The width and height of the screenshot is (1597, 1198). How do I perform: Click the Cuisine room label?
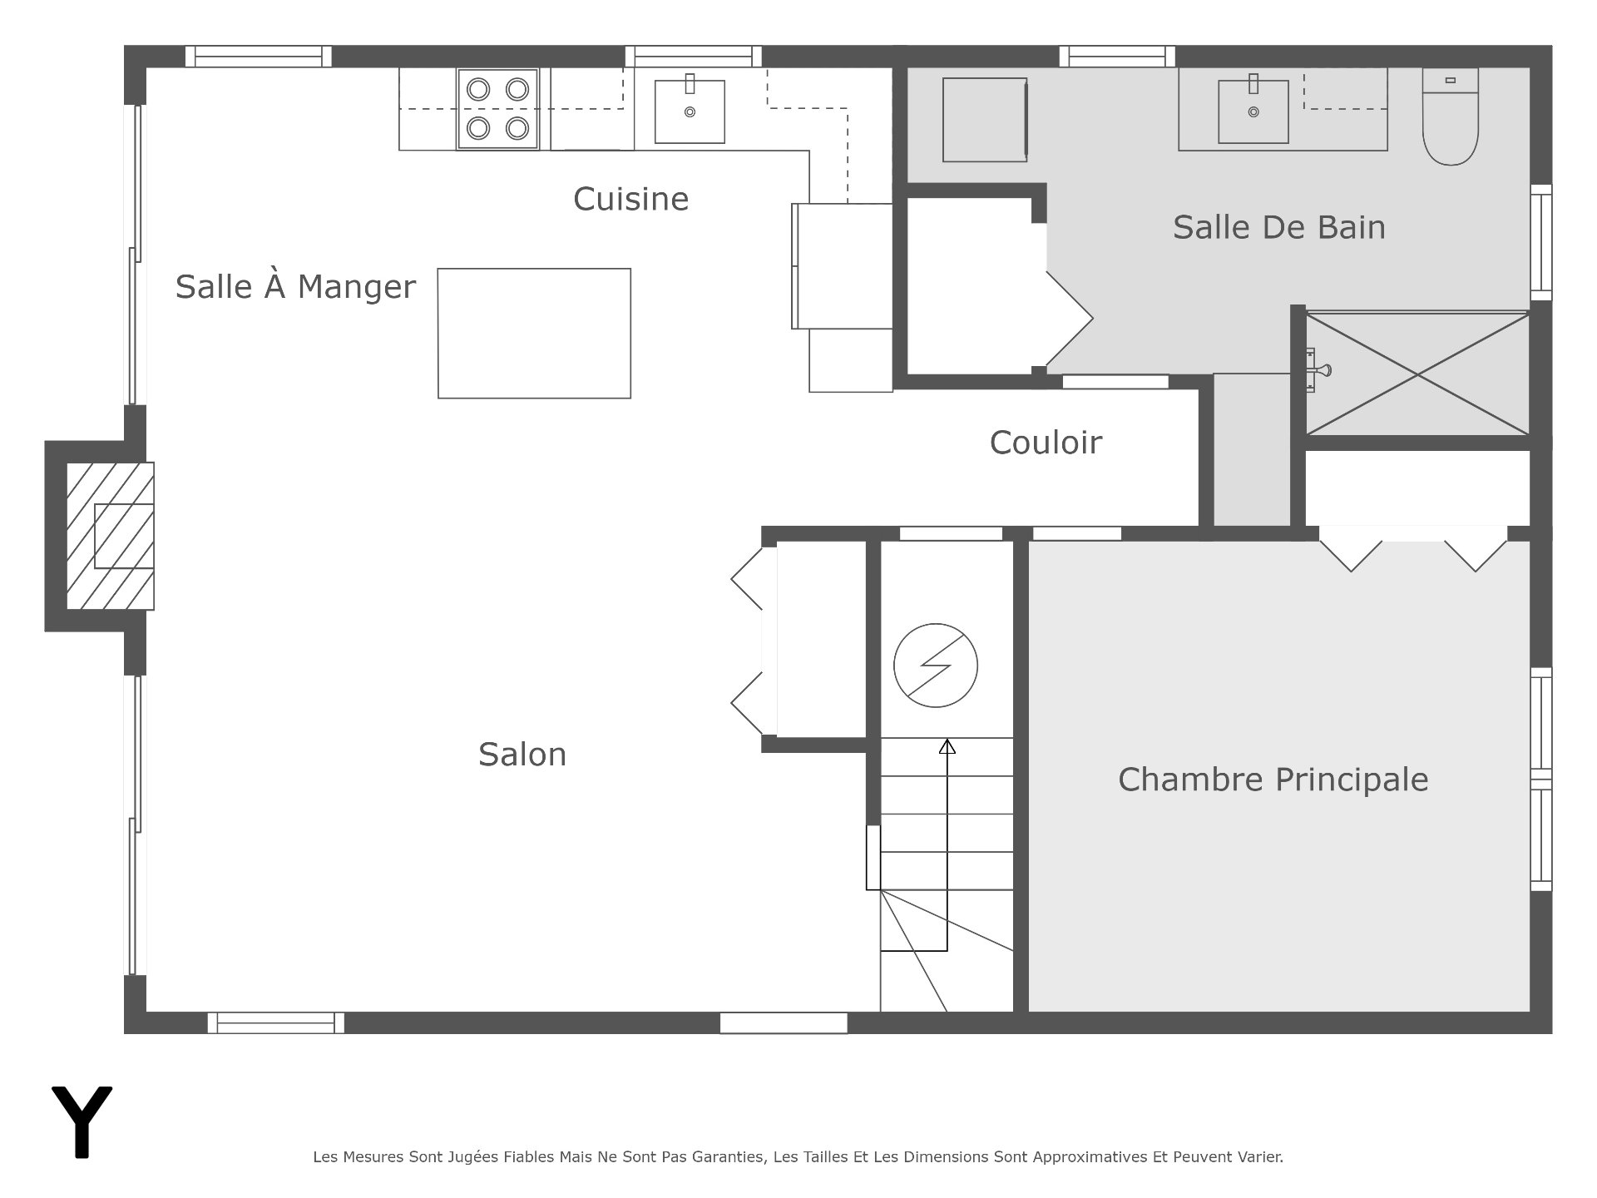(631, 200)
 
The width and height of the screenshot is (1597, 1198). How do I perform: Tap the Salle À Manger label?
(295, 287)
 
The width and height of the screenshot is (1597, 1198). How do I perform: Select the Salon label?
(522, 755)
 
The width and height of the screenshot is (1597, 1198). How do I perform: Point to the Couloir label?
(1046, 443)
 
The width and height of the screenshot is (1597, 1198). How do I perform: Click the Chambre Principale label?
(1273, 780)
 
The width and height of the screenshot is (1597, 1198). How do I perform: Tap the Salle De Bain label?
(1279, 228)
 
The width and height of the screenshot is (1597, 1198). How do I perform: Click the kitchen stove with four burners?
(497, 109)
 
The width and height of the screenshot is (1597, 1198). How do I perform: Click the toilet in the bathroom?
(1451, 116)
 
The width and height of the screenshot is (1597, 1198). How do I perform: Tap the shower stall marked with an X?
(1417, 374)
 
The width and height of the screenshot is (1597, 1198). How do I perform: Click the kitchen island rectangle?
(534, 334)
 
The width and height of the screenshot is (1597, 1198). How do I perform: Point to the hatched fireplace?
(111, 536)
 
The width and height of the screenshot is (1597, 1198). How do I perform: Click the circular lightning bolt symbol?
(936, 666)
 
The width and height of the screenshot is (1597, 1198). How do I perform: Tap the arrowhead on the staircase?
(947, 746)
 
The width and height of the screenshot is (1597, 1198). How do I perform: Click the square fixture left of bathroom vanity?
(985, 120)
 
